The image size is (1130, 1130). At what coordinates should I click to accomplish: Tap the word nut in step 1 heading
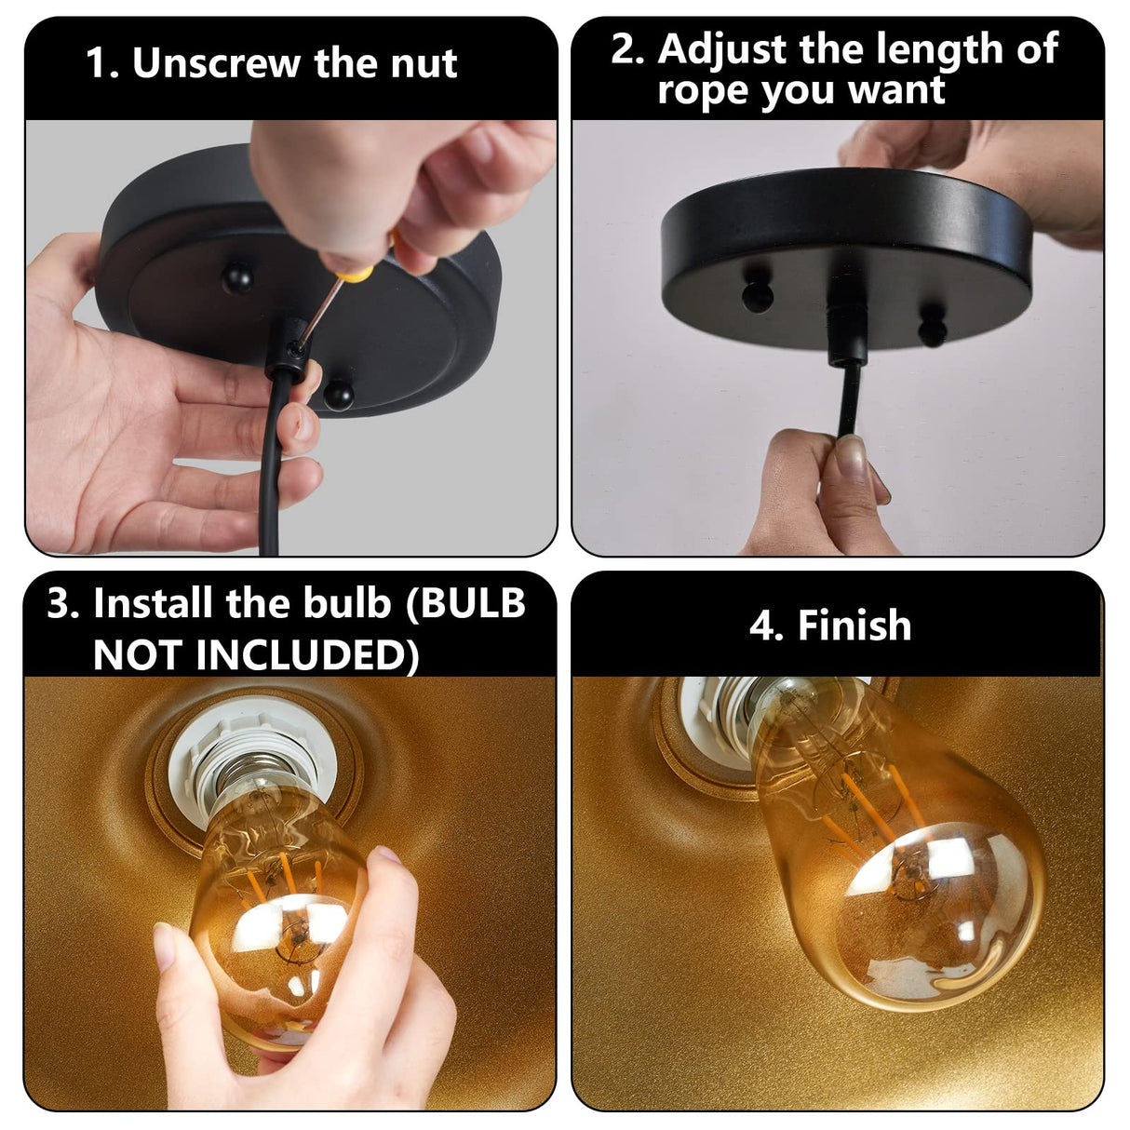click(x=424, y=63)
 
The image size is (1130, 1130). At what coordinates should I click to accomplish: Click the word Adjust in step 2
click(x=722, y=48)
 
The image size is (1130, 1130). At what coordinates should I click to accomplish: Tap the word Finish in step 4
click(x=854, y=626)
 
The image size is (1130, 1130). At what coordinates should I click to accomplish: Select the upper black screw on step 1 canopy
click(x=236, y=276)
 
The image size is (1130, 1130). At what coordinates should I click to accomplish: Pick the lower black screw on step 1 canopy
click(x=338, y=395)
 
